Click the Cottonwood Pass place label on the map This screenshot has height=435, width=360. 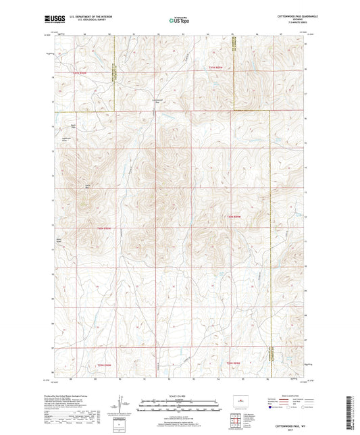tap(154, 101)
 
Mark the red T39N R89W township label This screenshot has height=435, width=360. tap(233, 365)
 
